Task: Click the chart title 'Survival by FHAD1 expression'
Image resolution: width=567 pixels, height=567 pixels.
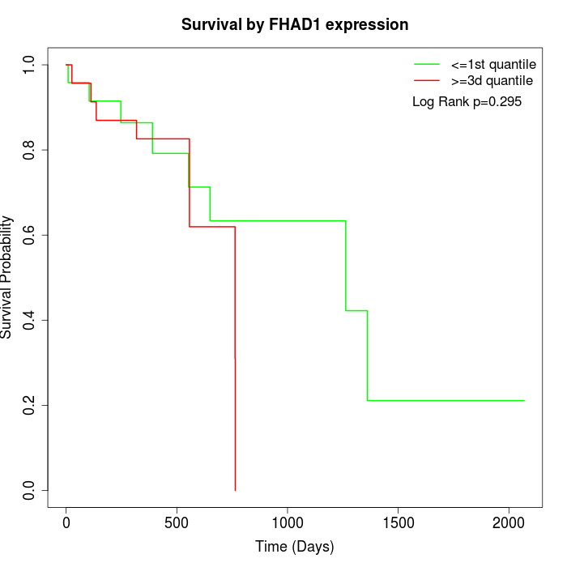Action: tap(295, 24)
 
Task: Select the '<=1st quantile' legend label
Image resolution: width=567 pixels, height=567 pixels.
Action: tap(492, 64)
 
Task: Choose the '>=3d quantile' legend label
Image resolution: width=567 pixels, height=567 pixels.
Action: tap(492, 80)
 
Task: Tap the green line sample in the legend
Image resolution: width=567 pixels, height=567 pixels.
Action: tap(426, 64)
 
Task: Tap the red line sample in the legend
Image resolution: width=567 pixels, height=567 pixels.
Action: tap(426, 80)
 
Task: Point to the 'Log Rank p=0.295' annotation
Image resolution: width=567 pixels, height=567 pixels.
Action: tap(467, 102)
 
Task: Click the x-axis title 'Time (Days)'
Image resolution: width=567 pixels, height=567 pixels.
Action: tap(295, 547)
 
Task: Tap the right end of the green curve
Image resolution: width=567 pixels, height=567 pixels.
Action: tap(524, 400)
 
